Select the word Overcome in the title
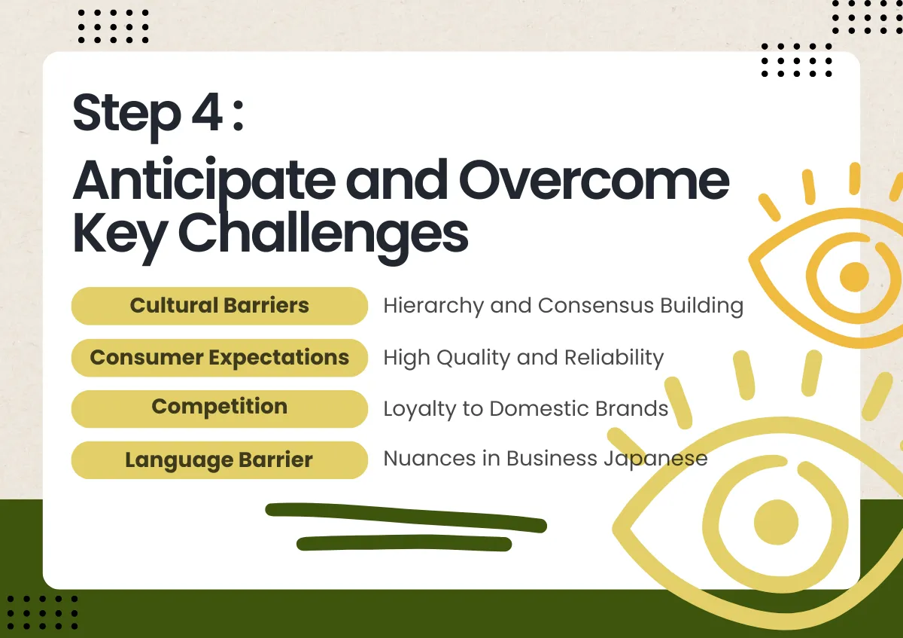click(594, 180)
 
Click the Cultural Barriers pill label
click(219, 306)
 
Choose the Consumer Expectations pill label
click(219, 358)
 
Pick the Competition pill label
click(219, 409)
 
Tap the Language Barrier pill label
click(219, 460)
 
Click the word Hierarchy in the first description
click(433, 307)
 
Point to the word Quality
click(473, 359)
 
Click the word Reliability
click(614, 359)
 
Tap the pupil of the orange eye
click(854, 277)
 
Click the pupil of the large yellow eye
click(776, 522)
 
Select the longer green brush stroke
click(406, 517)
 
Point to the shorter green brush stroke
click(404, 543)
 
